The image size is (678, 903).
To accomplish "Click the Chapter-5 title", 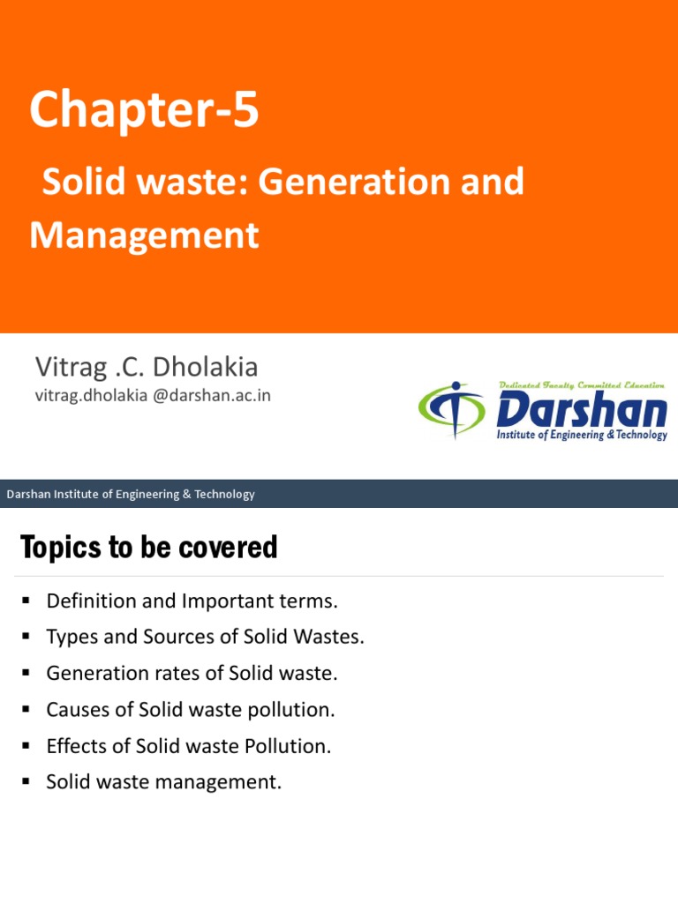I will coord(144,111).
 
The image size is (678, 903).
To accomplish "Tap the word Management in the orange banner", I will coord(144,235).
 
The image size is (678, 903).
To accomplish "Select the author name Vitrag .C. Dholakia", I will coord(147,366).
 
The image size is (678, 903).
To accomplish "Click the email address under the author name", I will coord(153,396).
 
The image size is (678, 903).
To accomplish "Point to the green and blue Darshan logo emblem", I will coord(452,409).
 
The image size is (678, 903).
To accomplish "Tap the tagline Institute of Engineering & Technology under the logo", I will coord(582,436).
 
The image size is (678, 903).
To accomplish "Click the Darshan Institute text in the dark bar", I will coord(131,494).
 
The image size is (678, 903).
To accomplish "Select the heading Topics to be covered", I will coord(148,548).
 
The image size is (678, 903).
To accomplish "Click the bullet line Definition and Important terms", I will coord(192,601).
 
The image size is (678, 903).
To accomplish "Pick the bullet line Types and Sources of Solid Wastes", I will coord(205,638).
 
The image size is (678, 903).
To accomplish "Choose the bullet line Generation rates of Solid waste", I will coord(192,674).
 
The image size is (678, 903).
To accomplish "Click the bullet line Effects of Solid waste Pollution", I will coord(189,746).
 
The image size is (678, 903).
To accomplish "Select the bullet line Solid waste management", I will coord(164,782).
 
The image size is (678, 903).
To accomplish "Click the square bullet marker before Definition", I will coord(26,601).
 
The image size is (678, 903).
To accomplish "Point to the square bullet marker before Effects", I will coord(26,746).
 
